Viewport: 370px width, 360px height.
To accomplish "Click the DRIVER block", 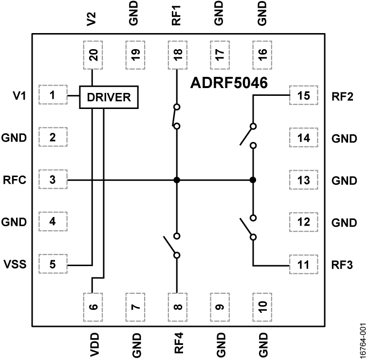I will click(x=109, y=97).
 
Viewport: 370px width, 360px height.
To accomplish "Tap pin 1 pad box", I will click(x=52, y=96).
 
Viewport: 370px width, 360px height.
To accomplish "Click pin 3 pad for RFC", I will click(x=52, y=180).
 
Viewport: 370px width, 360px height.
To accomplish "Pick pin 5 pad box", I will click(x=52, y=265).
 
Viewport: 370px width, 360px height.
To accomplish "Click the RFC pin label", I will click(x=13, y=180).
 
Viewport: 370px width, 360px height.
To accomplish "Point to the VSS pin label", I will click(x=13, y=265).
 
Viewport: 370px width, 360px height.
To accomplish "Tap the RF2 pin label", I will click(x=344, y=96).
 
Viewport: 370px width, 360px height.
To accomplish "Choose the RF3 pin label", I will click(x=344, y=265).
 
